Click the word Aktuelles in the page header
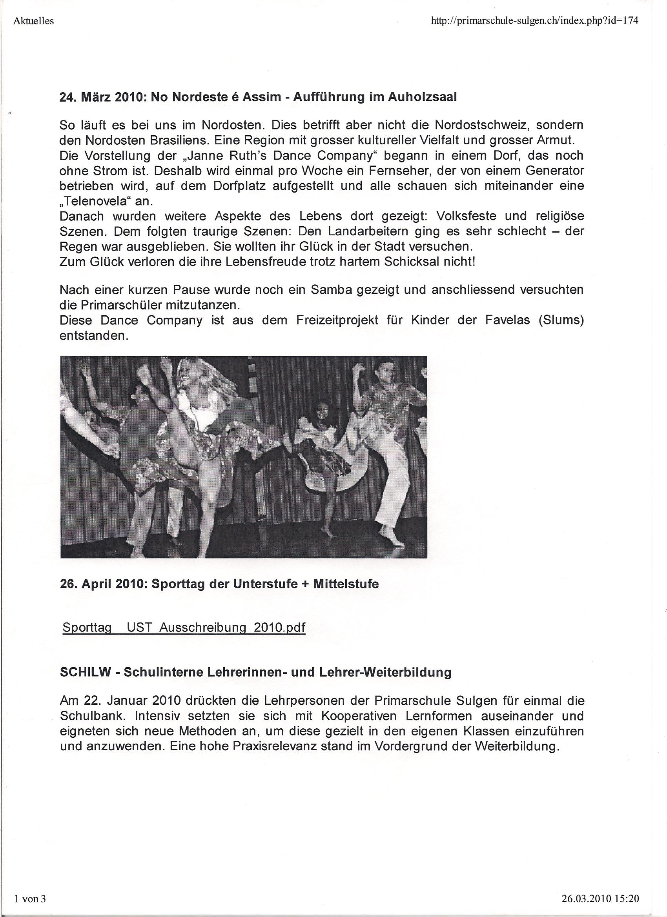pos(34,21)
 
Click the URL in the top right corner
pos(535,21)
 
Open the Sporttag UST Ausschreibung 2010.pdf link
pos(184,627)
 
